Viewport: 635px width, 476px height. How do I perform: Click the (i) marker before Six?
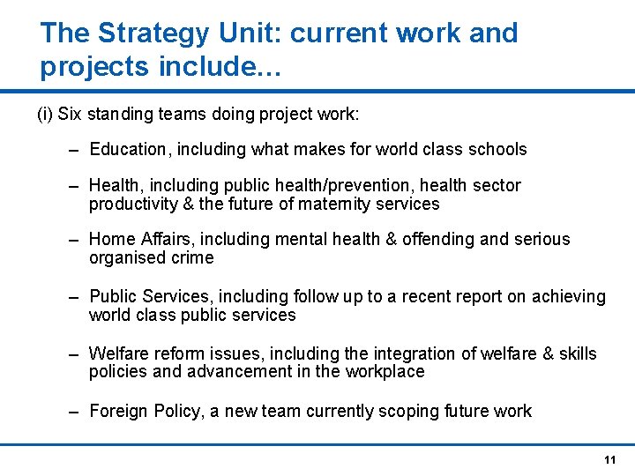(45, 115)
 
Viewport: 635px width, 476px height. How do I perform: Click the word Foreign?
(119, 412)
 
